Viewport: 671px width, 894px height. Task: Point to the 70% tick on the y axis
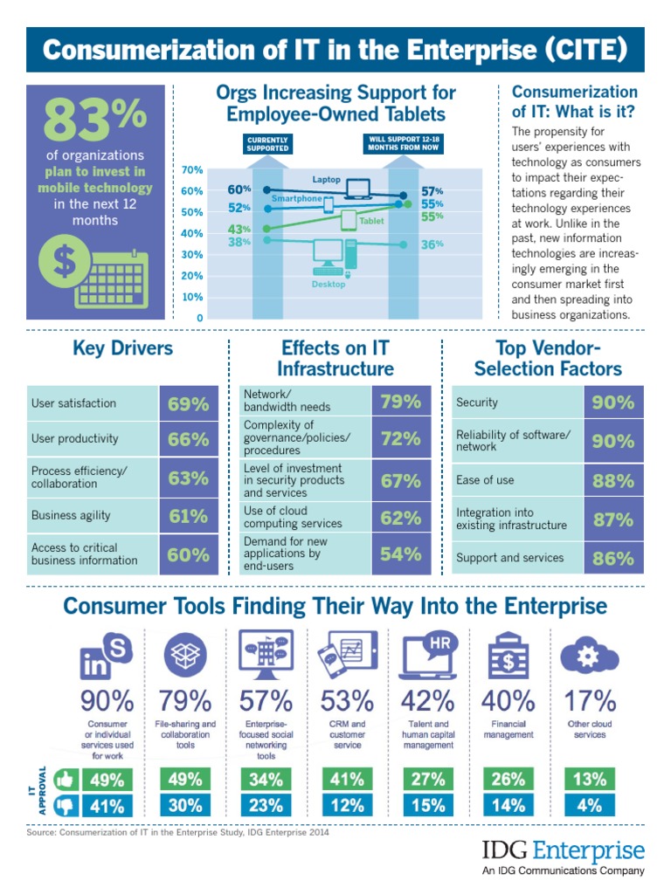click(193, 170)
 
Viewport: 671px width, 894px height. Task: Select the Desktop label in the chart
click(329, 285)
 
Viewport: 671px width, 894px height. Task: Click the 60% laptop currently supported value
click(239, 189)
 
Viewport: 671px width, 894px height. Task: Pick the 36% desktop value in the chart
click(432, 244)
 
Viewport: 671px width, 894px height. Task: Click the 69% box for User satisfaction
click(188, 404)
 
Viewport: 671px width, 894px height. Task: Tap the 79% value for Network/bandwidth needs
click(401, 402)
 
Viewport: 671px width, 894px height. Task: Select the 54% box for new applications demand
click(401, 554)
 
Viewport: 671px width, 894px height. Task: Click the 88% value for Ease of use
click(612, 481)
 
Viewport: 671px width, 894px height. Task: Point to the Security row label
click(477, 402)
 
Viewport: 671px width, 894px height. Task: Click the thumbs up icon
click(65, 780)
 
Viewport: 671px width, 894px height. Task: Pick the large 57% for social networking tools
click(266, 700)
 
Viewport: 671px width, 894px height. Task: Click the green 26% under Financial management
click(508, 780)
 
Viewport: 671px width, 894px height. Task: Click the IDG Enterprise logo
click(564, 855)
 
